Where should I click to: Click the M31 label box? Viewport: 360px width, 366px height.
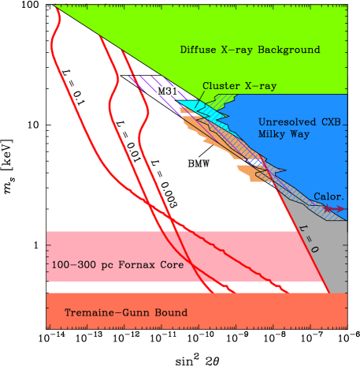(166, 91)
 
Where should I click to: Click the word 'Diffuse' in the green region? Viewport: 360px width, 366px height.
(199, 50)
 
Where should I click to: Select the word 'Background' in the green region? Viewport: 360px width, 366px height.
(289, 50)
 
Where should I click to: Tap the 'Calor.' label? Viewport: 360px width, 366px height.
(328, 196)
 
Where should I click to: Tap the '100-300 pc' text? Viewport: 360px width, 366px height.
(78, 265)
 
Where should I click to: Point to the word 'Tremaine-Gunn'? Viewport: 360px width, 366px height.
(103, 313)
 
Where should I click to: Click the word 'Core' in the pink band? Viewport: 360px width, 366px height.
(170, 265)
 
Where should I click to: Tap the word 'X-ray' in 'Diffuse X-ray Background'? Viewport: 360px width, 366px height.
(237, 50)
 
